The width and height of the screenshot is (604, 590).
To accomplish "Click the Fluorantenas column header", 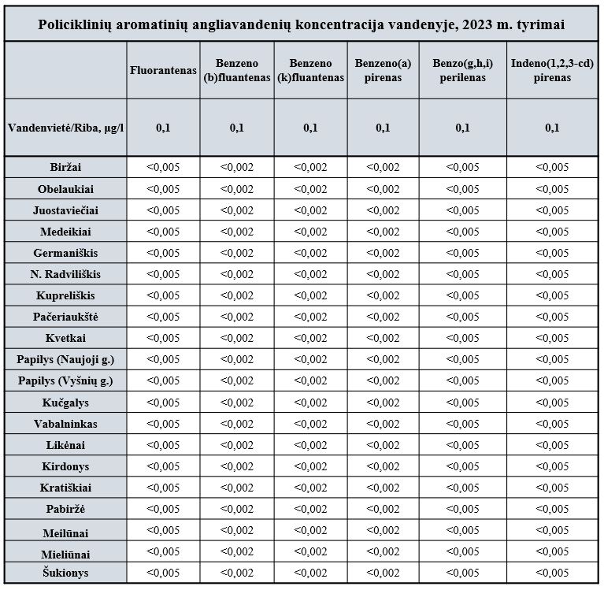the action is (x=163, y=70).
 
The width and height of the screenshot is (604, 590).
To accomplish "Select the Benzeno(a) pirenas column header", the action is (x=383, y=70).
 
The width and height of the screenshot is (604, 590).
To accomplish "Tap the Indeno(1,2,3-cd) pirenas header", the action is (x=552, y=70).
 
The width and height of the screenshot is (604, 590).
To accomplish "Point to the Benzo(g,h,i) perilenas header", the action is (x=462, y=70).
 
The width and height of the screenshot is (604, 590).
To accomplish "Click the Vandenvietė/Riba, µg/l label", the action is (x=66, y=128).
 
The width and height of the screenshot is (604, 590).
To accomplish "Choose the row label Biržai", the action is (x=65, y=167).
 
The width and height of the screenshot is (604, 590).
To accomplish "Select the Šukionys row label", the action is (x=65, y=573).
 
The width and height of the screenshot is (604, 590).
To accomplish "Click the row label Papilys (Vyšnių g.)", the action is (x=65, y=380).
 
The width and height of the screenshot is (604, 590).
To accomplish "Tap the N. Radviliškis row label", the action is (x=65, y=274).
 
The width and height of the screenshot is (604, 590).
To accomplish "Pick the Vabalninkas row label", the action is (x=65, y=424).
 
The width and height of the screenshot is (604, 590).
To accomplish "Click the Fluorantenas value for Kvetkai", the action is (x=163, y=338).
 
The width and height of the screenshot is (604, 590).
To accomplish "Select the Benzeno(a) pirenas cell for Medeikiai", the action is (x=383, y=232).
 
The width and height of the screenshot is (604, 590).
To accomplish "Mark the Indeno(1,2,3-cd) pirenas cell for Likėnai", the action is (x=552, y=445).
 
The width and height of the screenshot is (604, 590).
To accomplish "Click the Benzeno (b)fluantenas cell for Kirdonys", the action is (x=237, y=466).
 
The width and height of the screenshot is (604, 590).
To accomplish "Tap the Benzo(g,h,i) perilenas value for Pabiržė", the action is (x=462, y=509).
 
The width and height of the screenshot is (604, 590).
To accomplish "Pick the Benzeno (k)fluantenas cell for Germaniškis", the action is (x=310, y=253).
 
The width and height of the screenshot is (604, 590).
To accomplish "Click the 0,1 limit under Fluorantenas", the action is (x=163, y=128).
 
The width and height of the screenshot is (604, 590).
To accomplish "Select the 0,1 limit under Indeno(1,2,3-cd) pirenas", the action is (x=552, y=128).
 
